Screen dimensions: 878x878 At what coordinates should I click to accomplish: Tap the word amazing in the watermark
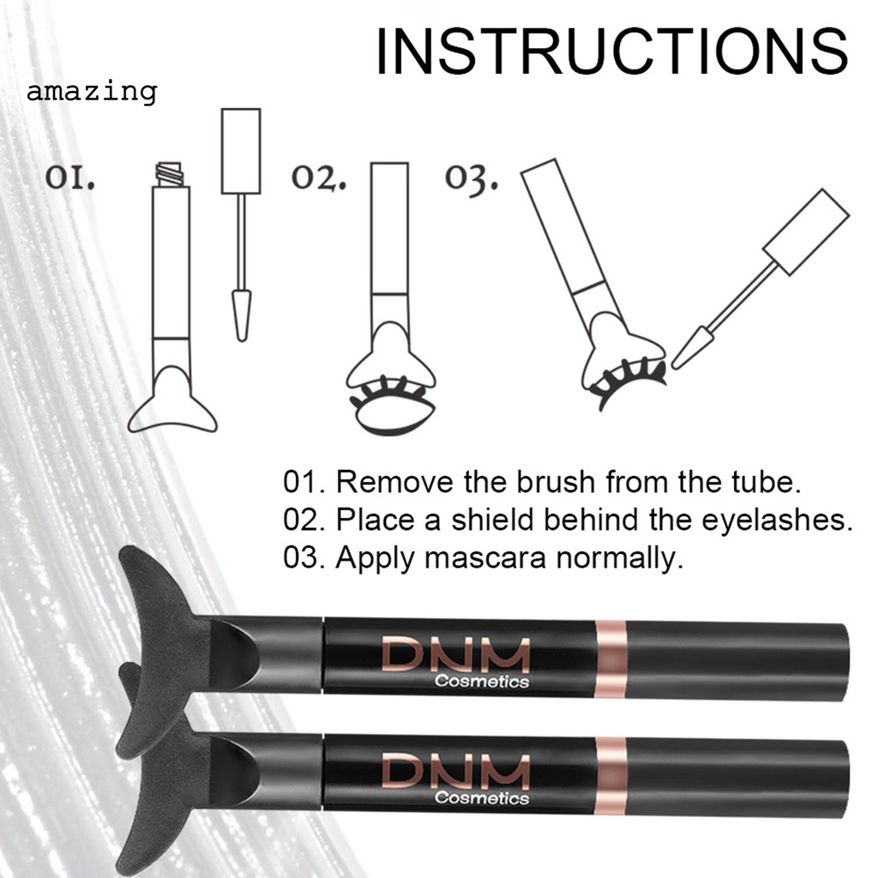92,91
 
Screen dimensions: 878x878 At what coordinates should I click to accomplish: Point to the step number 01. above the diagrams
70,178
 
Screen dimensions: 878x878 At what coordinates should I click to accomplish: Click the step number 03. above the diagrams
471,179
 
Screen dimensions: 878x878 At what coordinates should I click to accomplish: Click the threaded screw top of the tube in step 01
170,174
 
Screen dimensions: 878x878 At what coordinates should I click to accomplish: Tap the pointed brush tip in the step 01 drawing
241,316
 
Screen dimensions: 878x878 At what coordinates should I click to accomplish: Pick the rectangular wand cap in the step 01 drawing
241,151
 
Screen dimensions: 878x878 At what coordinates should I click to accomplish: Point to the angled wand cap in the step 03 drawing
806,232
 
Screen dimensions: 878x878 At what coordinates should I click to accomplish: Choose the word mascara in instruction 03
485,557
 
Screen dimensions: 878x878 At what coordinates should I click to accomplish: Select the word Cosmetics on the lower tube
482,797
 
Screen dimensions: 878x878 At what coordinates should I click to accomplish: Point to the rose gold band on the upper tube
610,658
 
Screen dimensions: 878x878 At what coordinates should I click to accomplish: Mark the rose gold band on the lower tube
610,776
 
